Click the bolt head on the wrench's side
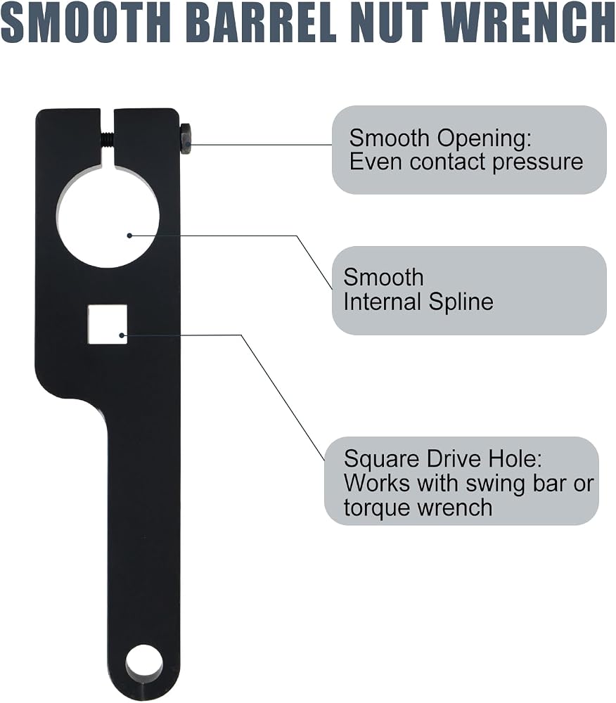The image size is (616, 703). coord(185,138)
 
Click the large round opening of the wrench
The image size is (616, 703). coord(108,217)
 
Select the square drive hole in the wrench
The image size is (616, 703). coord(108,325)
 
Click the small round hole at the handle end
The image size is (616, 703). coord(144,664)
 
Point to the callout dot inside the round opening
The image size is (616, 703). coord(129,236)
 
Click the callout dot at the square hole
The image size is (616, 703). coord(122,335)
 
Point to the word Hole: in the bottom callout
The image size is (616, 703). coord(515,458)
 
